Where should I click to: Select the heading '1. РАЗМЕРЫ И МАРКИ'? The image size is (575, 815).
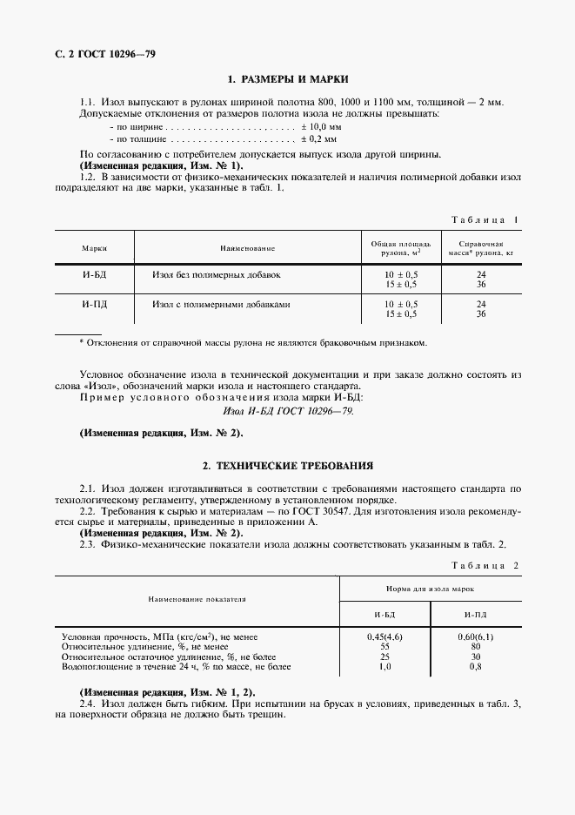(x=288, y=79)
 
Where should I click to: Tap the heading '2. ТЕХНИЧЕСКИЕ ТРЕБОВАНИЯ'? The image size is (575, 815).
(x=288, y=466)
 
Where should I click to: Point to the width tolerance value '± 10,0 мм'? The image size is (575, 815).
(x=322, y=126)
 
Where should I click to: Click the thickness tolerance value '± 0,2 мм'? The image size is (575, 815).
(x=319, y=138)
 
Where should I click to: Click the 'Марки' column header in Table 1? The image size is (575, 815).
(x=94, y=248)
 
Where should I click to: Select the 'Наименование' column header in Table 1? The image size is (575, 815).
(x=247, y=248)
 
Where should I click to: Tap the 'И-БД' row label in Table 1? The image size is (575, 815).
(x=94, y=274)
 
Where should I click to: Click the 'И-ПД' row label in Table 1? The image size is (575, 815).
(x=94, y=305)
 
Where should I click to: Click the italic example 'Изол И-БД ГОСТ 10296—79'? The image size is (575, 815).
(x=288, y=410)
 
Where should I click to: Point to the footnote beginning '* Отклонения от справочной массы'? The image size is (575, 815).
(x=253, y=342)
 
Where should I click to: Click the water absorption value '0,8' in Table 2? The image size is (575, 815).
(x=475, y=666)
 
